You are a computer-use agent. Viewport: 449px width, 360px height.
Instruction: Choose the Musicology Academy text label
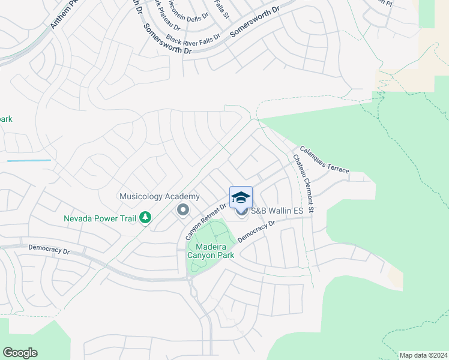pyautogui.click(x=159, y=197)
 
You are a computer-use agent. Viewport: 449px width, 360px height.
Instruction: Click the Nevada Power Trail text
pyautogui.click(x=100, y=218)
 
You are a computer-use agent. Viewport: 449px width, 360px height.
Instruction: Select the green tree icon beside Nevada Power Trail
pyautogui.click(x=145, y=217)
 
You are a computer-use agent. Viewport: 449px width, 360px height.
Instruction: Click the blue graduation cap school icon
pyautogui.click(x=241, y=197)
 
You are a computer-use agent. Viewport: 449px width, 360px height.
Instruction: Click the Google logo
pyautogui.click(x=20, y=353)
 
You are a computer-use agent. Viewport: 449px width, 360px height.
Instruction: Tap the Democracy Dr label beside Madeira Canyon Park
pyautogui.click(x=256, y=231)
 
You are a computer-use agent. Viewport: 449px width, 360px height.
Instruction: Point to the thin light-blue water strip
pyautogui.click(x=29, y=161)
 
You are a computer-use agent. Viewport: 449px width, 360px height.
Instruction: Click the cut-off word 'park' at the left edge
pyautogui.click(x=6, y=119)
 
